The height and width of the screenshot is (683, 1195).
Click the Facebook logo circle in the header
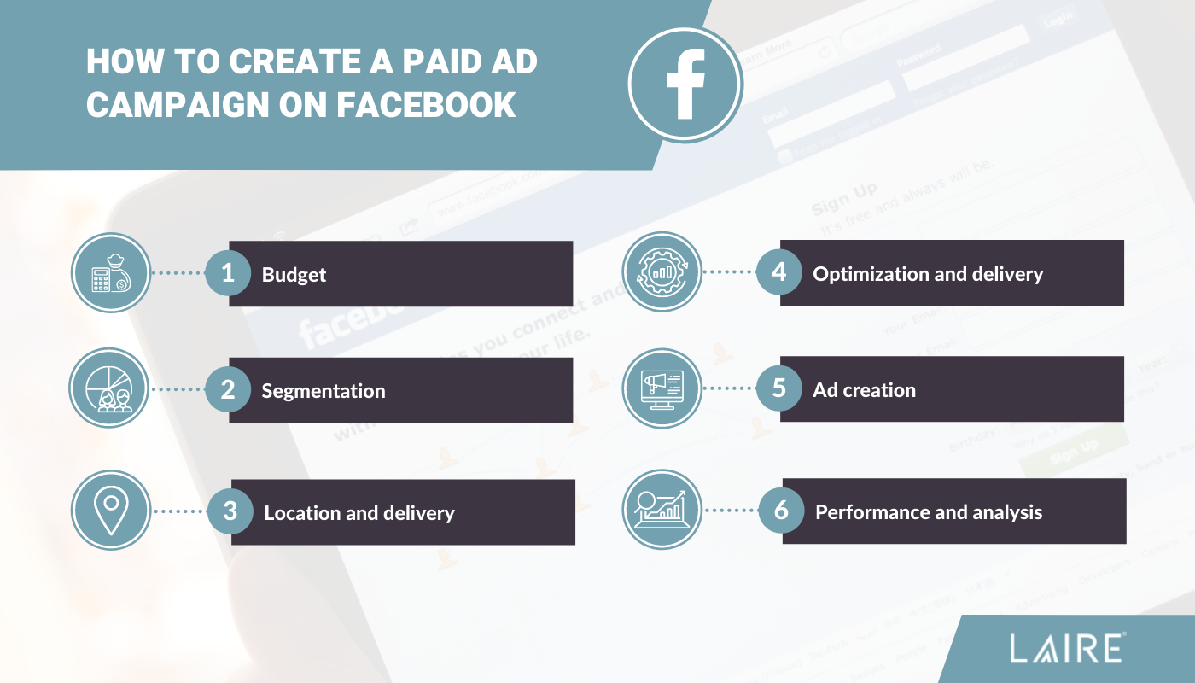[685, 83]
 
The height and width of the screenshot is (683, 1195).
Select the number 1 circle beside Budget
[228, 273]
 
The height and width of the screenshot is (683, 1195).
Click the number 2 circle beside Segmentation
[228, 390]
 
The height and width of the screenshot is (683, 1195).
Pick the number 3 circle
[230, 511]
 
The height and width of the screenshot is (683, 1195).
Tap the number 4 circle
[778, 272]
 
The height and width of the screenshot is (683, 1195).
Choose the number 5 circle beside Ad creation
[778, 388]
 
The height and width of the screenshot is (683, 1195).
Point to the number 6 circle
[781, 511]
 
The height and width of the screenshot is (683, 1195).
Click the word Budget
[294, 275]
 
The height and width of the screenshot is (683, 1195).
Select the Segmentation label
[324, 391]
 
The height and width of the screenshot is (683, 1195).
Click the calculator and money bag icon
[110, 273]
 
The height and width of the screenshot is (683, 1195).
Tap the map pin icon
[110, 511]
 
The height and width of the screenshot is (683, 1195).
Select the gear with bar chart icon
[662, 272]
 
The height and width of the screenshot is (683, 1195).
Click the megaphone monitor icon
[662, 388]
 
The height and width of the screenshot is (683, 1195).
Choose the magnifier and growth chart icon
[662, 511]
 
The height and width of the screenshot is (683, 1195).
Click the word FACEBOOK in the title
[426, 103]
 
